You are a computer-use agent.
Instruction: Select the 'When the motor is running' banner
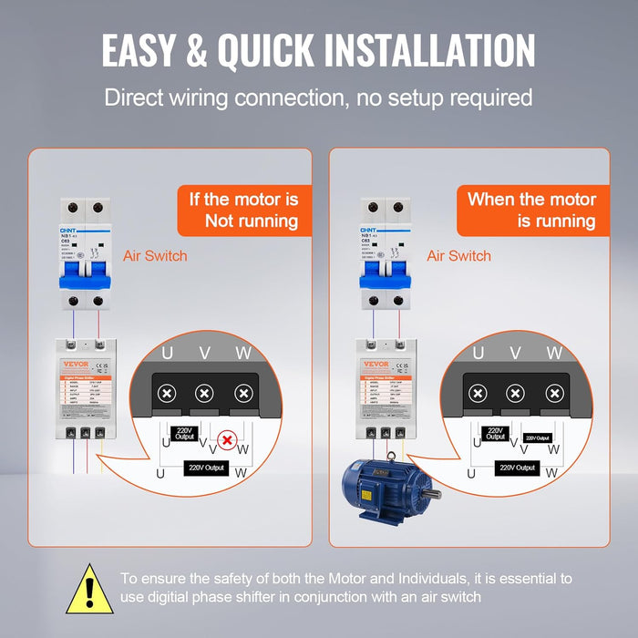pyautogui.click(x=531, y=210)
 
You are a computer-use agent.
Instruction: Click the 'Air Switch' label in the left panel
pyautogui.click(x=155, y=256)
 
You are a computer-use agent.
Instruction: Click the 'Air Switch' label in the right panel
pyautogui.click(x=459, y=256)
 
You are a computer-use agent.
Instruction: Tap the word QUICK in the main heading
pyautogui.click(x=300, y=50)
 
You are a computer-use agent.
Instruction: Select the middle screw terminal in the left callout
pyautogui.click(x=206, y=394)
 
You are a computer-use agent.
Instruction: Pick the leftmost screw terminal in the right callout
pyautogui.click(x=477, y=394)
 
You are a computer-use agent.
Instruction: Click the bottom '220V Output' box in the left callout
pyautogui.click(x=205, y=468)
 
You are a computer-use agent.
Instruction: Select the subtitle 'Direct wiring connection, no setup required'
pyautogui.click(x=318, y=98)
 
